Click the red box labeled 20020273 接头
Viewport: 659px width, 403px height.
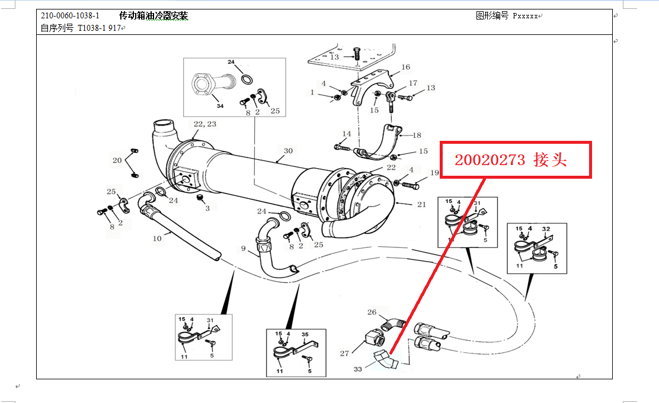tap(515, 159)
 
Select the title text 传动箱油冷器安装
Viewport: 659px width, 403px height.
tap(153, 15)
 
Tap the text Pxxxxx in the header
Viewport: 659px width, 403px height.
tap(525, 17)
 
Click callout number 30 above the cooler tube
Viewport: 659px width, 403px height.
tap(288, 151)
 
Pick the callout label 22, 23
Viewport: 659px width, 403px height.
tap(204, 124)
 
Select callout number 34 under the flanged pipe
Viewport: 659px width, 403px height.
tap(220, 106)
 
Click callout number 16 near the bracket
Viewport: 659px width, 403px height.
tap(406, 67)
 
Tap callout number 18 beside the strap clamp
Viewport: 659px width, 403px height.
tap(417, 135)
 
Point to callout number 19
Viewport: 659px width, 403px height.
tap(434, 173)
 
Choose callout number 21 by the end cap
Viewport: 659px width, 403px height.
tap(422, 204)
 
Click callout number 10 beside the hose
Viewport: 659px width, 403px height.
tap(157, 239)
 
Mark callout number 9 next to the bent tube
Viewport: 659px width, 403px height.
tap(243, 248)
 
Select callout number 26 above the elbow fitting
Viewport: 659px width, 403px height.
tap(372, 312)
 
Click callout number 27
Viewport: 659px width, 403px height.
tap(344, 353)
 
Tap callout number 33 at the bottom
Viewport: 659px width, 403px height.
tap(358, 369)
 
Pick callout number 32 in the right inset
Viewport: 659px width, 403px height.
tap(546, 229)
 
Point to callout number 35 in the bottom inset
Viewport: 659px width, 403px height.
tap(305, 334)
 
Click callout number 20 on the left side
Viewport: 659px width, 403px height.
tap(117, 160)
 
